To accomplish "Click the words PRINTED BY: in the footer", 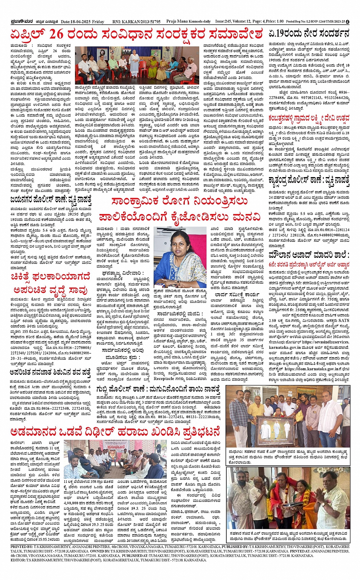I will [22, 546].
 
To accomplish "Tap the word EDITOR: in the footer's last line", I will [18, 560].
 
